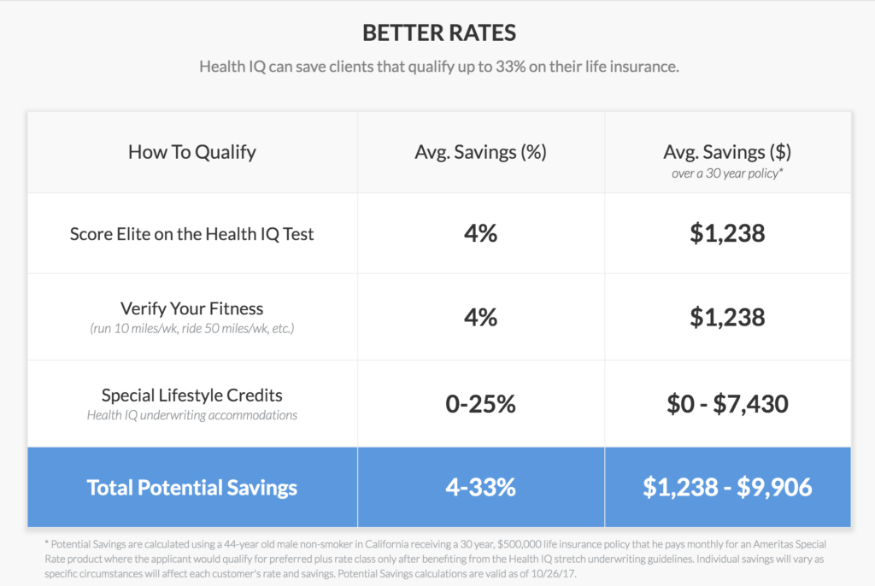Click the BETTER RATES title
click(x=439, y=33)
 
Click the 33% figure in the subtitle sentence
click(x=511, y=67)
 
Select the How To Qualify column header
click(x=192, y=152)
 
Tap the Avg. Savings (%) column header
click(x=480, y=152)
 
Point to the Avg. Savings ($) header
click(x=727, y=152)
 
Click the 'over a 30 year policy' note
click(x=727, y=173)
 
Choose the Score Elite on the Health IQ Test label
click(x=192, y=234)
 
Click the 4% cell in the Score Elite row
click(x=480, y=233)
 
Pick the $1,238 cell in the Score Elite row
click(x=727, y=233)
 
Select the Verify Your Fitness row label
click(x=192, y=308)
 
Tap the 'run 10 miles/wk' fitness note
click(x=192, y=329)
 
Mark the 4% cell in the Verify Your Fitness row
click(x=480, y=318)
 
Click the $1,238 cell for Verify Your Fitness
click(x=727, y=318)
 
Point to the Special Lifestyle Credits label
click(x=192, y=396)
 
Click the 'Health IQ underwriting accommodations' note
click(x=192, y=415)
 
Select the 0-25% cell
click(x=480, y=404)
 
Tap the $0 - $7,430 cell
click(x=727, y=404)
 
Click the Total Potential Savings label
click(x=192, y=487)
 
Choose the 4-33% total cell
click(x=480, y=487)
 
